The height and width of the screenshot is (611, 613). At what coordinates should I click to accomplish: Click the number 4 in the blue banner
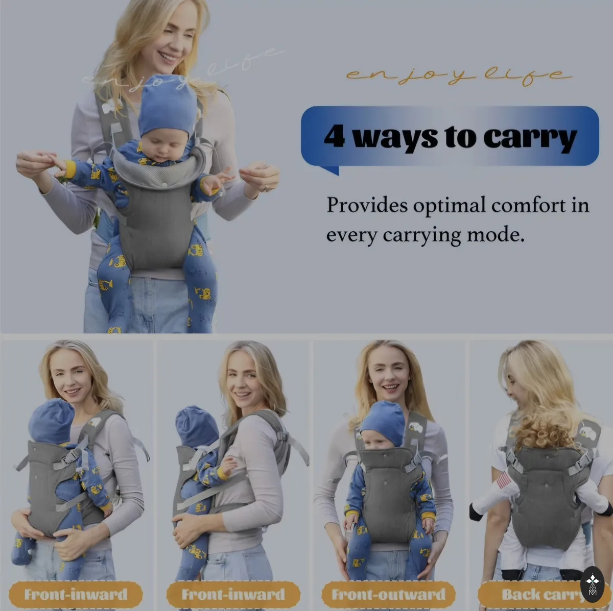335,136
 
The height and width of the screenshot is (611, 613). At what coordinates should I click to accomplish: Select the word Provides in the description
367,205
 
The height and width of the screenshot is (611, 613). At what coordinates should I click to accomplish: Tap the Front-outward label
388,594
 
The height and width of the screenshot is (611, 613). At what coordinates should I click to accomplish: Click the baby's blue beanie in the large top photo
168,106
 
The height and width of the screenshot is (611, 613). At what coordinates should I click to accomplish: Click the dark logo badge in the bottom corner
593,584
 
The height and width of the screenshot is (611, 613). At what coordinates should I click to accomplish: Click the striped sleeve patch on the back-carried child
504,480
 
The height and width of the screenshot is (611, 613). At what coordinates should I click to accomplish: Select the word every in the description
351,235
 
